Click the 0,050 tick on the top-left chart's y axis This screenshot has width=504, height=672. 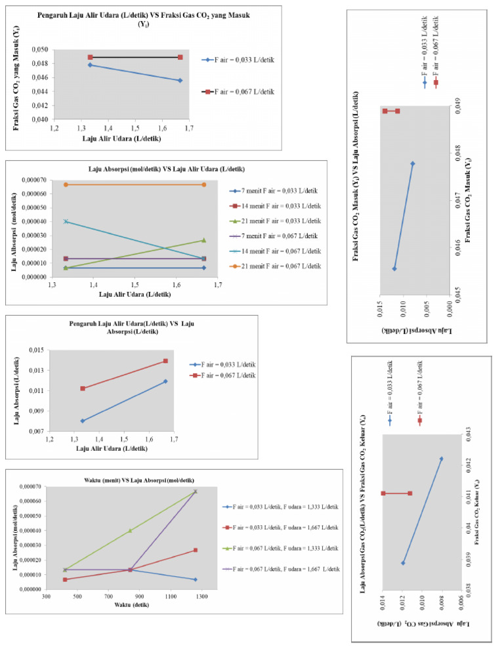coord(39,50)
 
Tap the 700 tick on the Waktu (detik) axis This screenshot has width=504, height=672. coord(108,597)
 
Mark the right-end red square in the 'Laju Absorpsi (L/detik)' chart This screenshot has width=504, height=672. coord(165,361)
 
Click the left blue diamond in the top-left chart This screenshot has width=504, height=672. coord(90,65)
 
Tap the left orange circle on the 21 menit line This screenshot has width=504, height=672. coord(66,184)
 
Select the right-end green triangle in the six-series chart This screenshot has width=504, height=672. coord(204,240)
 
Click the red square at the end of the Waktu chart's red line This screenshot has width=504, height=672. coord(195,550)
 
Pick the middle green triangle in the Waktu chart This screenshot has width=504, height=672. coord(130,530)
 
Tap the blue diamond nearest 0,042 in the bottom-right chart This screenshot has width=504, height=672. coord(441,459)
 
